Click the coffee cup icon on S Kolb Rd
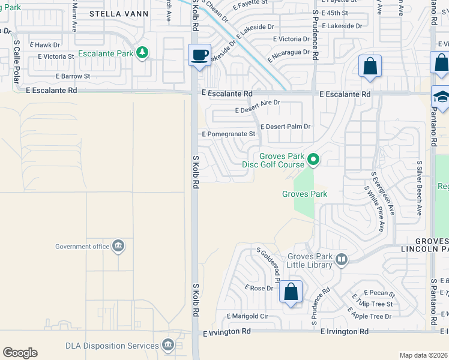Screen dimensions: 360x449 [x=200, y=55]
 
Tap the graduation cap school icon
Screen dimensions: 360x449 [x=441, y=97]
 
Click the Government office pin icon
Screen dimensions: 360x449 [x=119, y=246]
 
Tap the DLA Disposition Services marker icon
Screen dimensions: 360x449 [x=168, y=345]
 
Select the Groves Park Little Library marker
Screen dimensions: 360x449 [x=342, y=259]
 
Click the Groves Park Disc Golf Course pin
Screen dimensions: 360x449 [x=313, y=160]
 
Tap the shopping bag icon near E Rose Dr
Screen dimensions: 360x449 [x=291, y=292]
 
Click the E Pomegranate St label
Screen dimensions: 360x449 [x=229, y=134]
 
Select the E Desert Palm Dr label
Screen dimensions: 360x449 [x=286, y=127]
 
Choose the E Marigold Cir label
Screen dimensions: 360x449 [x=247, y=316]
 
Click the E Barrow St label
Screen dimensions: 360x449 [x=73, y=76]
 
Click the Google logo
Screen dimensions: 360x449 [x=20, y=353]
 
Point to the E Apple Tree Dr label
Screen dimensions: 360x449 [x=369, y=313]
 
